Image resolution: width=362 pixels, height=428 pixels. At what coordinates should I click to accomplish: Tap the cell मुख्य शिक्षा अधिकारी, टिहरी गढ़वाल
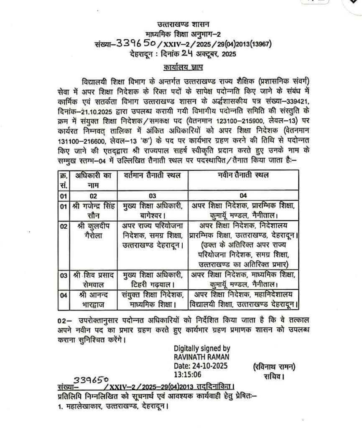(x=153, y=280)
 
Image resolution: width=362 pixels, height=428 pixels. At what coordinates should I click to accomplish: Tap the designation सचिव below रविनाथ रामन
(x=274, y=377)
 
